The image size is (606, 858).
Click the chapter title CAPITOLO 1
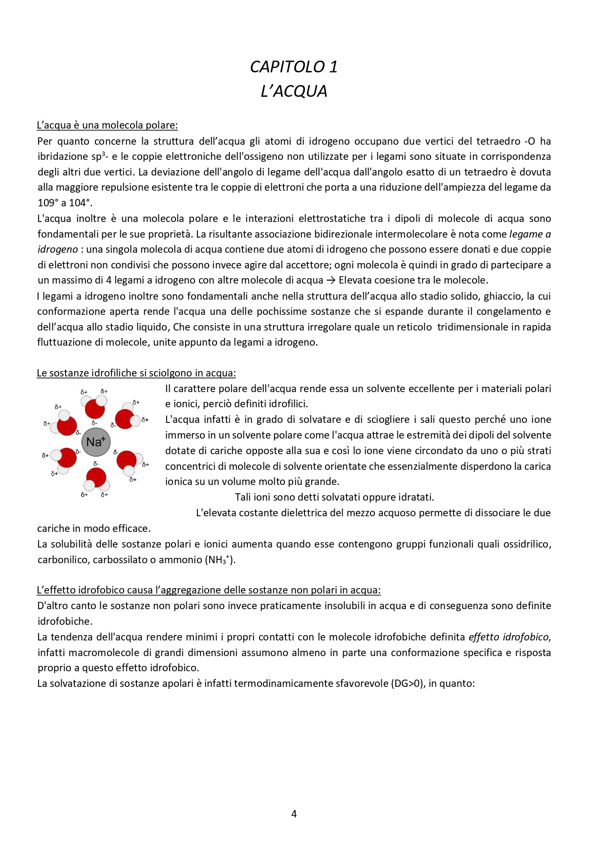pyautogui.click(x=294, y=66)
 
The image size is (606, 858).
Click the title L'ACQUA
pyautogui.click(x=294, y=91)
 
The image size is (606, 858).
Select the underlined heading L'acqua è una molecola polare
pyautogui.click(x=107, y=125)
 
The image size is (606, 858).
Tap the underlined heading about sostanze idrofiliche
pyautogui.click(x=136, y=373)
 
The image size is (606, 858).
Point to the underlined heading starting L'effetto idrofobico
pyautogui.click(x=209, y=590)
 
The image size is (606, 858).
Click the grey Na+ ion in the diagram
pyautogui.click(x=96, y=442)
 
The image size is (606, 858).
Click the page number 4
pyautogui.click(x=294, y=814)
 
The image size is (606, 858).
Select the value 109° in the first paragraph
pyautogui.click(x=47, y=203)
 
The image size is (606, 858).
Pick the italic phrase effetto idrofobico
pyautogui.click(x=508, y=637)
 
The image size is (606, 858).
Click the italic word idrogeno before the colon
pyautogui.click(x=58, y=249)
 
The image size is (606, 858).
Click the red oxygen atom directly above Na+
pyautogui.click(x=95, y=409)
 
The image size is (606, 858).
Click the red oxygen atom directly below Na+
pyautogui.click(x=96, y=477)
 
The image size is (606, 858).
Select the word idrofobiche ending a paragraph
pyautogui.click(x=64, y=621)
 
